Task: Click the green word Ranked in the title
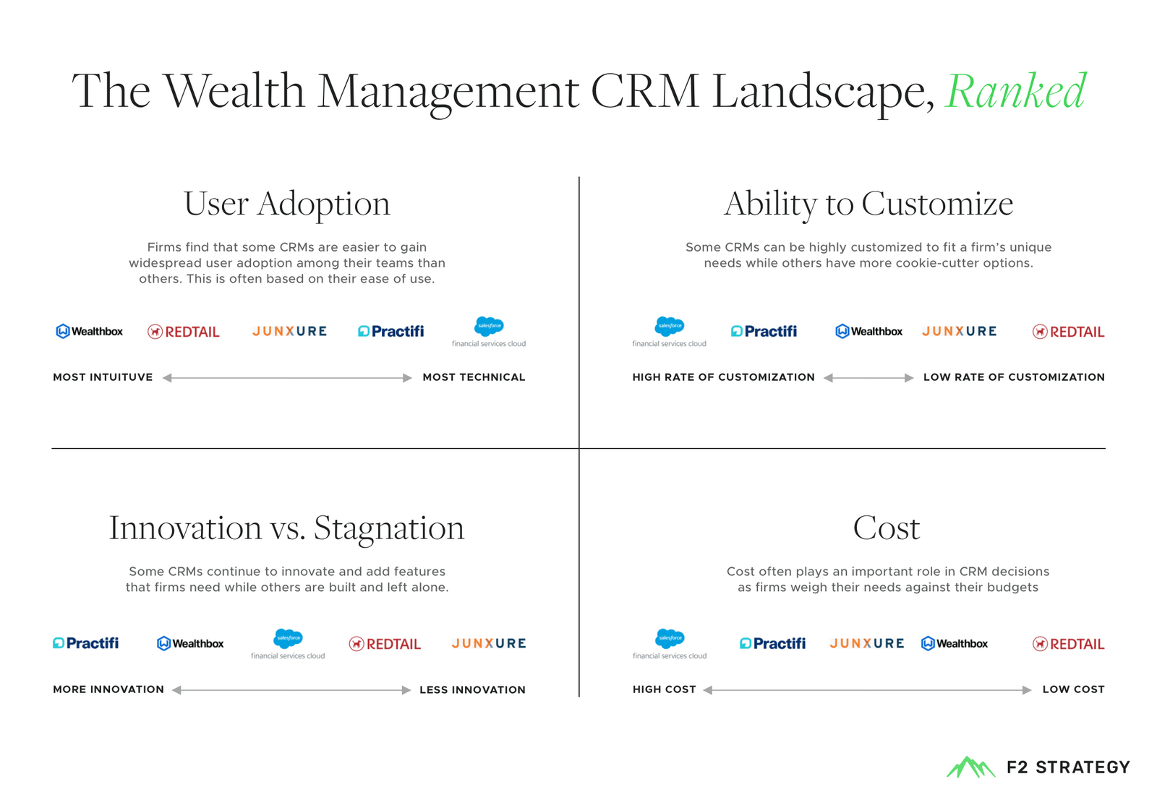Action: (1015, 92)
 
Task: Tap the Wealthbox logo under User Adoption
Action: (90, 332)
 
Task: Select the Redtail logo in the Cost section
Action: (1068, 644)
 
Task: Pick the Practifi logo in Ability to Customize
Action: (764, 332)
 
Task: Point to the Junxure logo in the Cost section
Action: (866, 643)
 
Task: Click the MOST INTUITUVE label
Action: (103, 377)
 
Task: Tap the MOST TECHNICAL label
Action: (474, 377)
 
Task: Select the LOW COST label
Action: (1073, 689)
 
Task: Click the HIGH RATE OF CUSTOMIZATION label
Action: (723, 377)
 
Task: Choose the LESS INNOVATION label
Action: (472, 690)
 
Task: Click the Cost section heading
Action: (886, 528)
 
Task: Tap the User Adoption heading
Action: (286, 205)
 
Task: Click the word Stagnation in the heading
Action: (389, 528)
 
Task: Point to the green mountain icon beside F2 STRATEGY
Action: (970, 767)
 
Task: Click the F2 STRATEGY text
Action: (1068, 767)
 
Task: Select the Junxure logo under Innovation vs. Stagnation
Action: (489, 643)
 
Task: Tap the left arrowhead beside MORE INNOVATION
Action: (176, 690)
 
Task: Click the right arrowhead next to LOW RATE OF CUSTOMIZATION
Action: (909, 378)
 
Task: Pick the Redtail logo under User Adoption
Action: (184, 332)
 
